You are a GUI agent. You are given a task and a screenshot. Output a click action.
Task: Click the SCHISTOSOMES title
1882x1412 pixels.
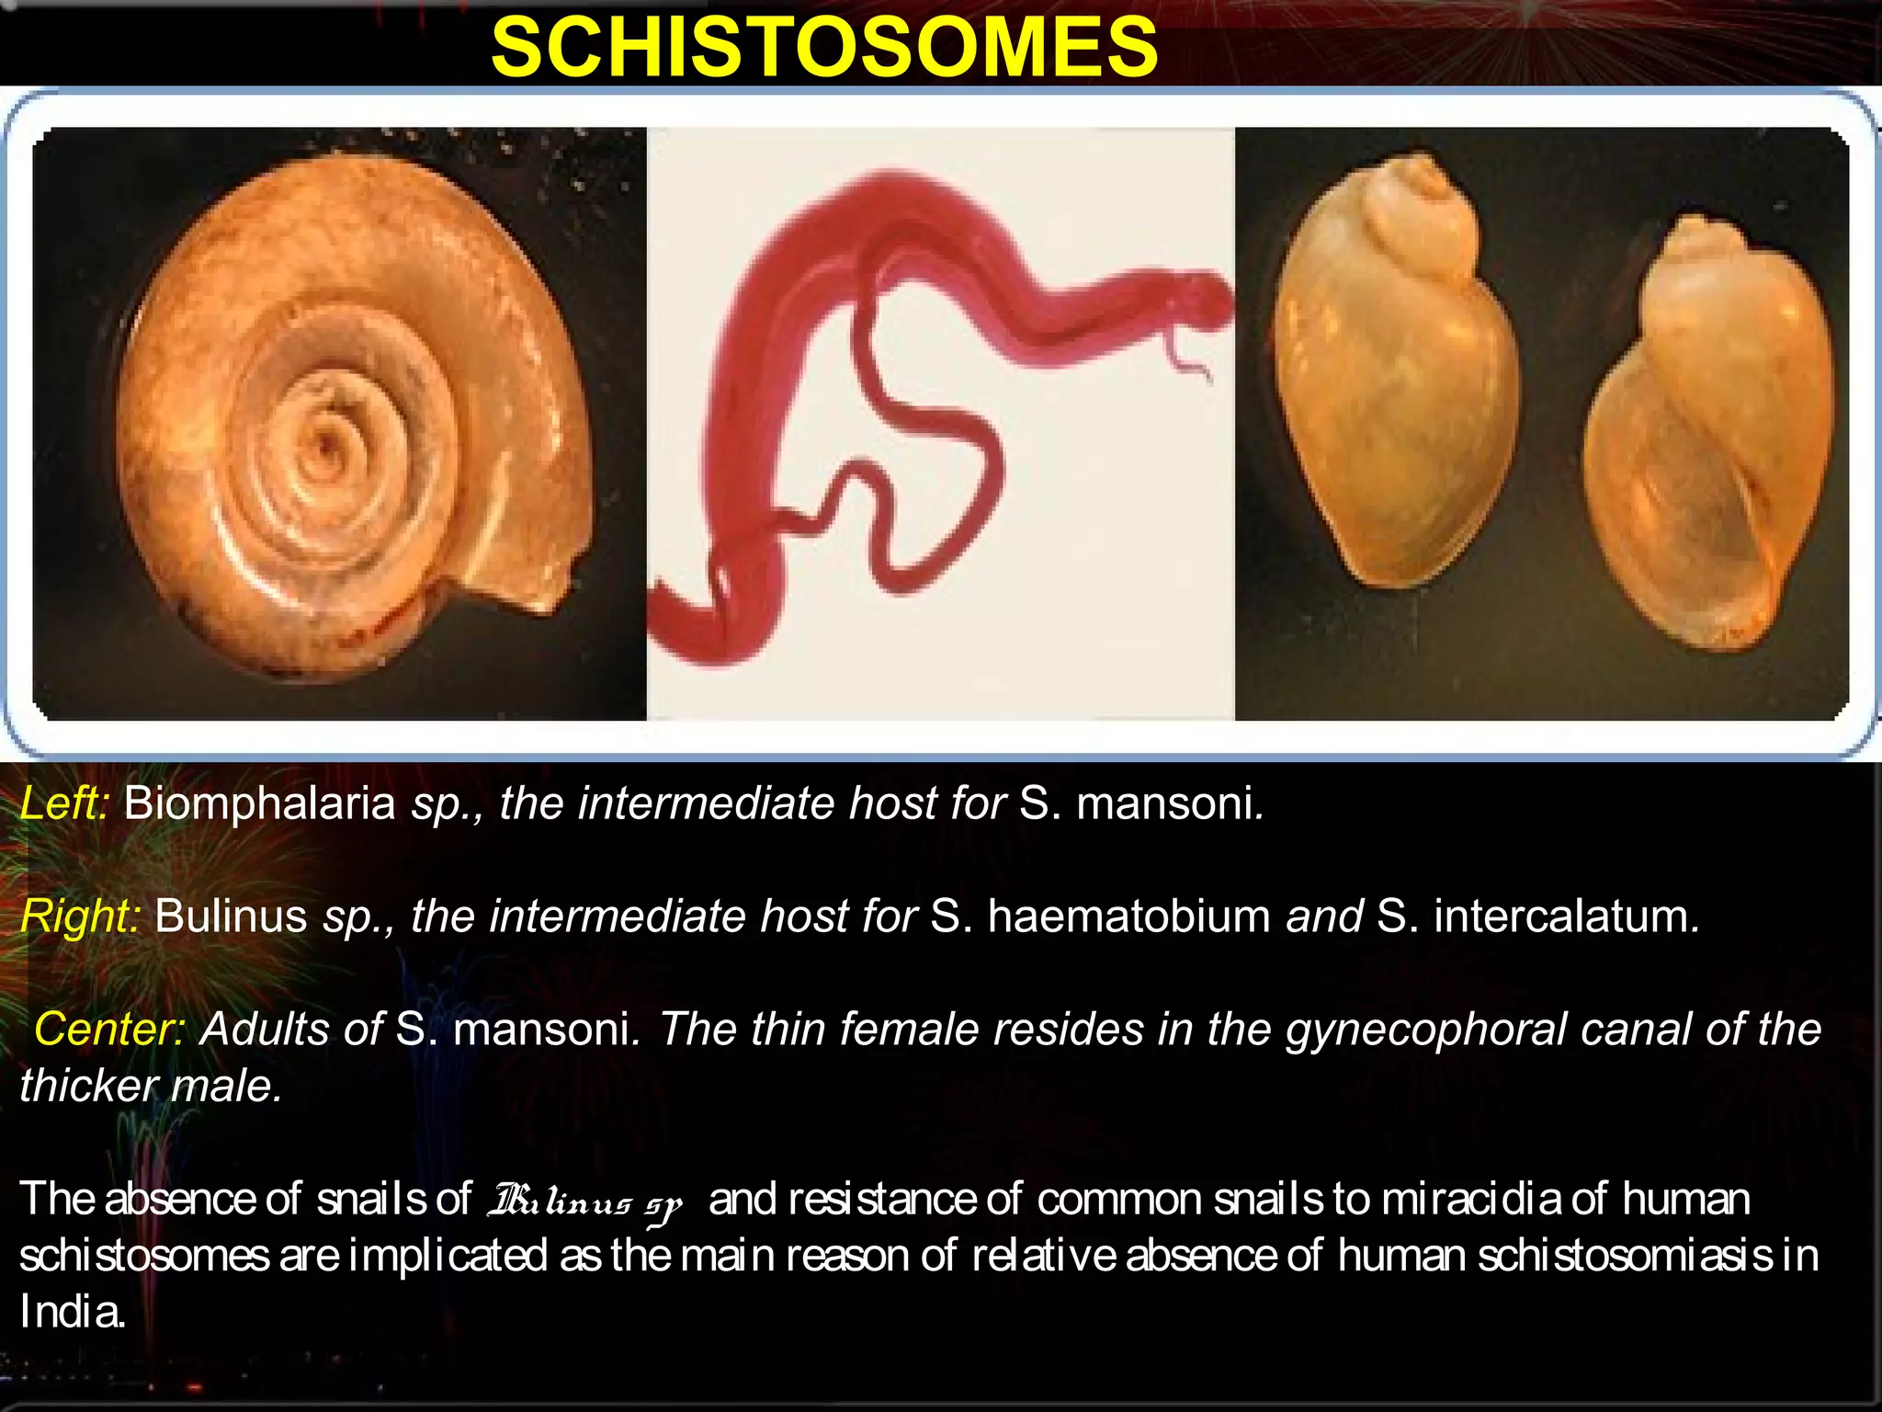click(824, 48)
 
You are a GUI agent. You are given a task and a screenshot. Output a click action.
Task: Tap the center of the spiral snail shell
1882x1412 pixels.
click(323, 450)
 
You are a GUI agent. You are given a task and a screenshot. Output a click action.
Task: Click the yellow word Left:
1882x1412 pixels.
click(64, 803)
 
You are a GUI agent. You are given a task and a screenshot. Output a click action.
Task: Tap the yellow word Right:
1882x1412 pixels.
click(80, 917)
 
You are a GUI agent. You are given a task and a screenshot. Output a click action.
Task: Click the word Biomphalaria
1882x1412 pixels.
click(259, 803)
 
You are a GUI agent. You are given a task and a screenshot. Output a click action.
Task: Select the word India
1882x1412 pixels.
click(71, 1312)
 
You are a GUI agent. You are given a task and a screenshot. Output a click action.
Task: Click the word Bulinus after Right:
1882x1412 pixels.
click(231, 917)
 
